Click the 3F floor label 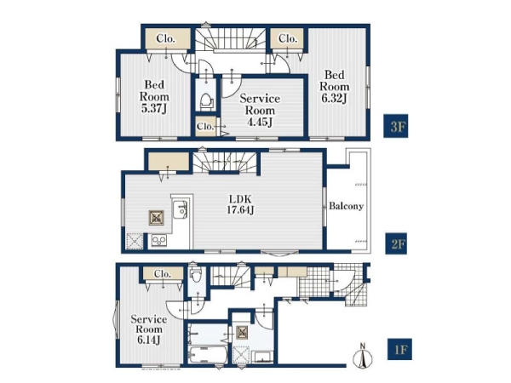click(395, 126)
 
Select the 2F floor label click(397, 243)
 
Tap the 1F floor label click(399, 349)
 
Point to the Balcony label click(346, 206)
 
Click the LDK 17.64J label click(240, 204)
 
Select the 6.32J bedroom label click(335, 86)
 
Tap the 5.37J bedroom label click(154, 97)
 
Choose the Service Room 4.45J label click(260, 110)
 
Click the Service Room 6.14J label click(148, 329)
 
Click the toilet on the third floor click(205, 100)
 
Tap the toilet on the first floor click(196, 276)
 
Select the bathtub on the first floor click(208, 354)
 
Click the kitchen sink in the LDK click(180, 209)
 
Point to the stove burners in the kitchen click(159, 240)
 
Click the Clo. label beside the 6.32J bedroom click(287, 39)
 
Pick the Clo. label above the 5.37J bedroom click(165, 39)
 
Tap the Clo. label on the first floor click(163, 274)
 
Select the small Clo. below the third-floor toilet click(205, 126)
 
